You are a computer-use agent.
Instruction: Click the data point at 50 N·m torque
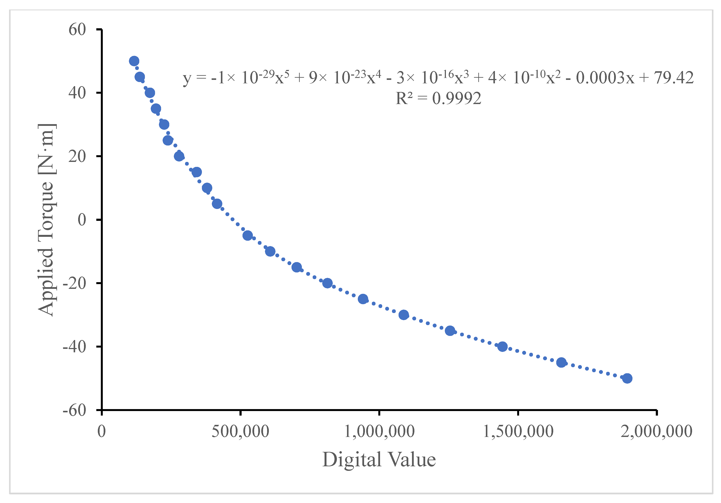click(x=134, y=61)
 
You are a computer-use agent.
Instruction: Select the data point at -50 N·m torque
click(x=627, y=378)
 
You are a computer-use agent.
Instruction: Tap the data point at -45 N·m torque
click(x=561, y=362)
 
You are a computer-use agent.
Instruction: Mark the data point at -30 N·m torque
click(x=404, y=315)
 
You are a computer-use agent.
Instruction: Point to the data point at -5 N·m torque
click(x=247, y=236)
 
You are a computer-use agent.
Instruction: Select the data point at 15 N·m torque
click(x=196, y=172)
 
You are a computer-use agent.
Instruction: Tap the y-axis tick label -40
click(x=74, y=347)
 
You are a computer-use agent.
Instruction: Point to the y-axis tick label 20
click(x=77, y=156)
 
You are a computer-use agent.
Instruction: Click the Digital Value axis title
click(x=379, y=459)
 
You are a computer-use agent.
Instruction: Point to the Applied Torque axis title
click(x=46, y=220)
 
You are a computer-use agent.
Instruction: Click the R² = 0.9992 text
click(x=438, y=99)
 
